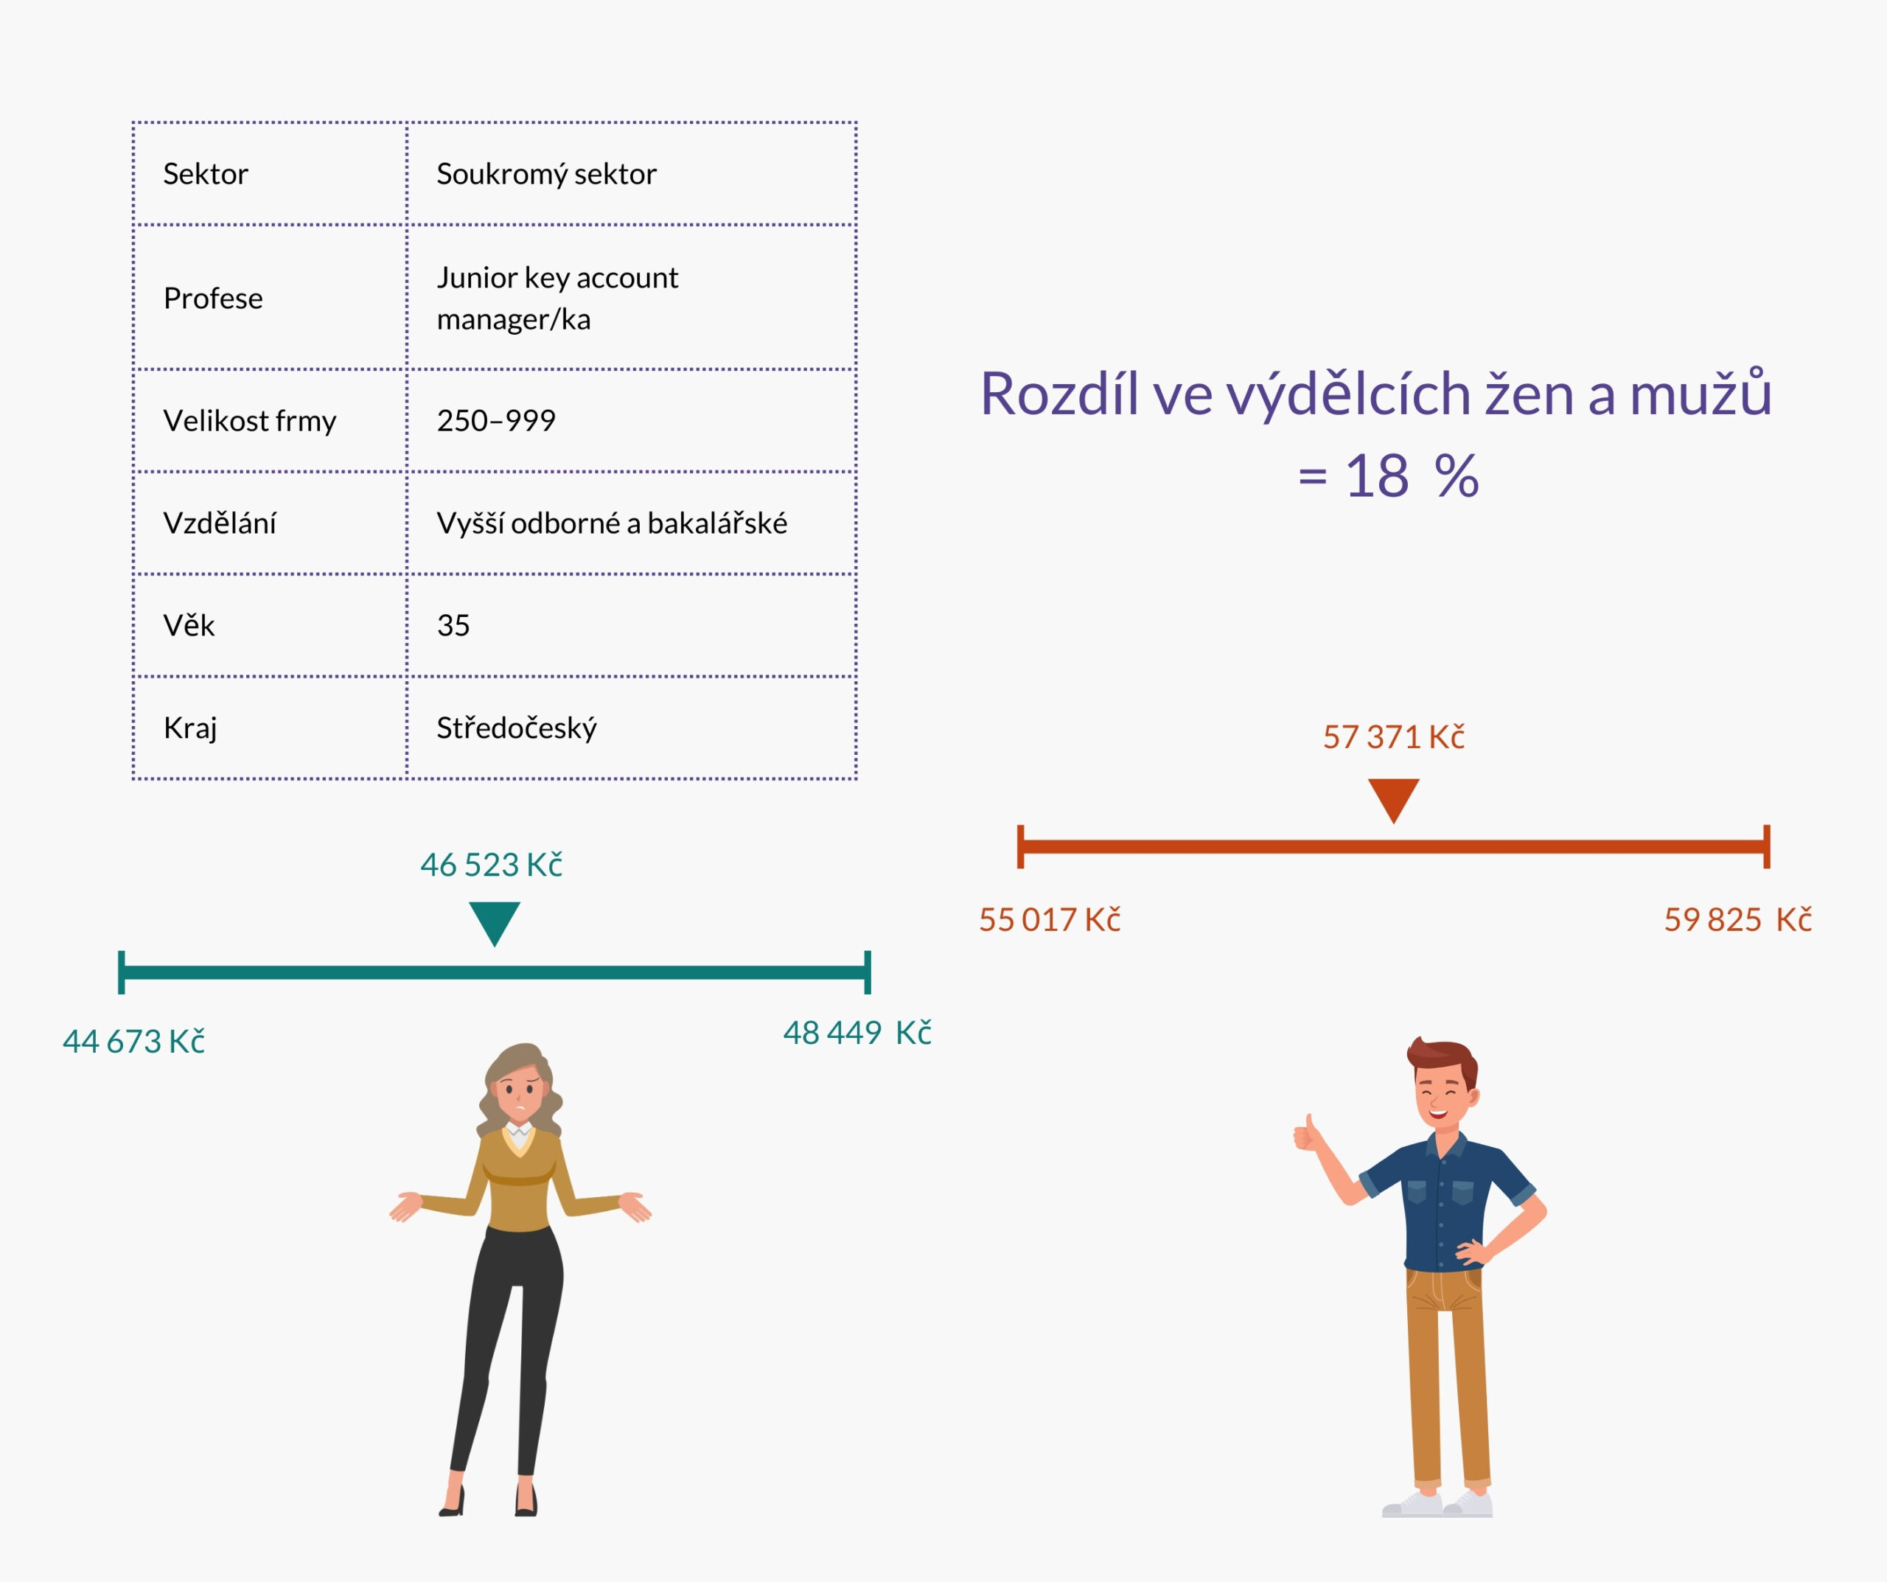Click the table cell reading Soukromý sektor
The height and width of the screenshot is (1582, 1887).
(x=546, y=173)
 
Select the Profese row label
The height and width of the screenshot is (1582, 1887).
(x=213, y=299)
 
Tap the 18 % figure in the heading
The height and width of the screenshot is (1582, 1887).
(x=1411, y=476)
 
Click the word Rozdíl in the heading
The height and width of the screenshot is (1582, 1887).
(x=1058, y=394)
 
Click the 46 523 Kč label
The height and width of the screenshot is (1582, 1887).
(x=492, y=865)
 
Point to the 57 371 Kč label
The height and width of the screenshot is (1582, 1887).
(x=1393, y=737)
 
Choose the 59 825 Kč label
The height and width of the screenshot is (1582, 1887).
(x=1737, y=919)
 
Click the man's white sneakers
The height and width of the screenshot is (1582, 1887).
(x=1437, y=1505)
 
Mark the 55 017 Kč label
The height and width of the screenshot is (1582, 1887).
(x=1050, y=919)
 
